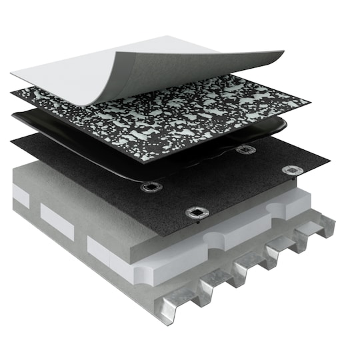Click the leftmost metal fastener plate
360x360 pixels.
click(x=151, y=187)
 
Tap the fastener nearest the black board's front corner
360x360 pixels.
click(x=197, y=213)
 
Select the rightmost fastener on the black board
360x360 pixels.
click(x=292, y=170)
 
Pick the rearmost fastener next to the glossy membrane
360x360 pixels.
click(x=245, y=150)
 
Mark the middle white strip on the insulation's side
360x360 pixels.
click(x=57, y=219)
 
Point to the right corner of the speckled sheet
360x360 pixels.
click(x=309, y=102)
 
